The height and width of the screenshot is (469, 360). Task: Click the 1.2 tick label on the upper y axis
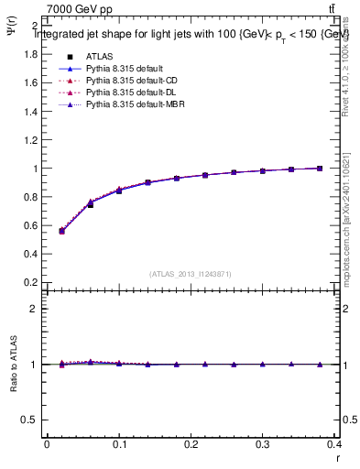29,140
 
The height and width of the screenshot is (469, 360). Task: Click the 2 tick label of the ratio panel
33,309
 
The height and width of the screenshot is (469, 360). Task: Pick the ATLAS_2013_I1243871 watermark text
191,274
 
